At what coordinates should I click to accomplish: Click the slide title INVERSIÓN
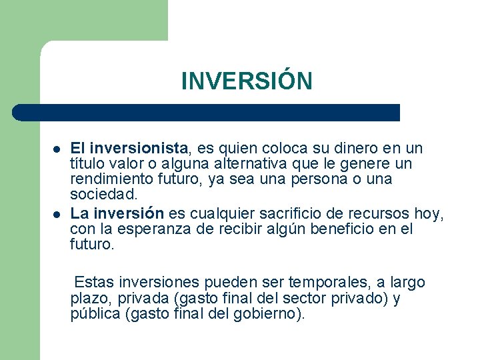pyautogui.click(x=246, y=81)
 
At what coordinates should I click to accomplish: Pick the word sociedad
pyautogui.click(x=103, y=195)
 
